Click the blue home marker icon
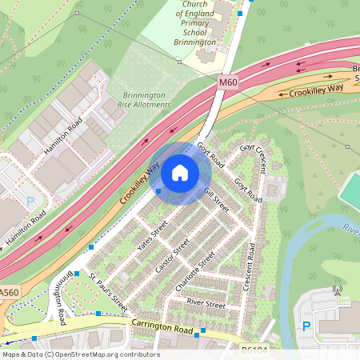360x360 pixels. tap(180, 173)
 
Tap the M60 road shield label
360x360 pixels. tap(228, 81)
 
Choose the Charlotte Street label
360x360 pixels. tap(197, 272)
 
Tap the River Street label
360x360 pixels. tap(206, 304)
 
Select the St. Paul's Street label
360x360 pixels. tap(108, 293)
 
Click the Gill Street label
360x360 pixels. tap(216, 200)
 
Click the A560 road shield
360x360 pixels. tap(9, 294)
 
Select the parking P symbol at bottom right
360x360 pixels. tap(306, 326)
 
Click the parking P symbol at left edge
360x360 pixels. tap(30, 203)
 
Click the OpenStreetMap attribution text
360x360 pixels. tap(80, 354)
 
